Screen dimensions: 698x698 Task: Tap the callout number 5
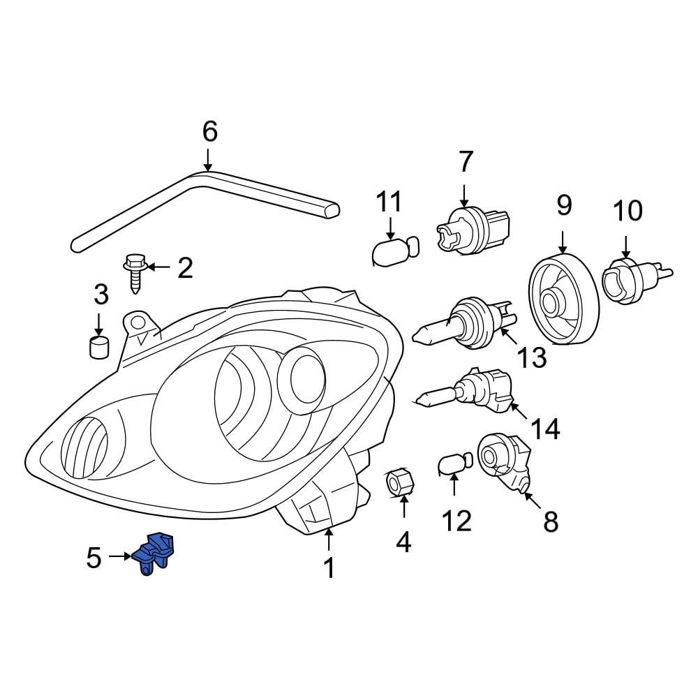[x=94, y=557]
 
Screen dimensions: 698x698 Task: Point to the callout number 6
[x=209, y=131]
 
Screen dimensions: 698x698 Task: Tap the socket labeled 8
[x=503, y=461]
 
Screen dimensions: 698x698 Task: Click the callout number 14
[x=544, y=429]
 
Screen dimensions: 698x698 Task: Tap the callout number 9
[x=563, y=205]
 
